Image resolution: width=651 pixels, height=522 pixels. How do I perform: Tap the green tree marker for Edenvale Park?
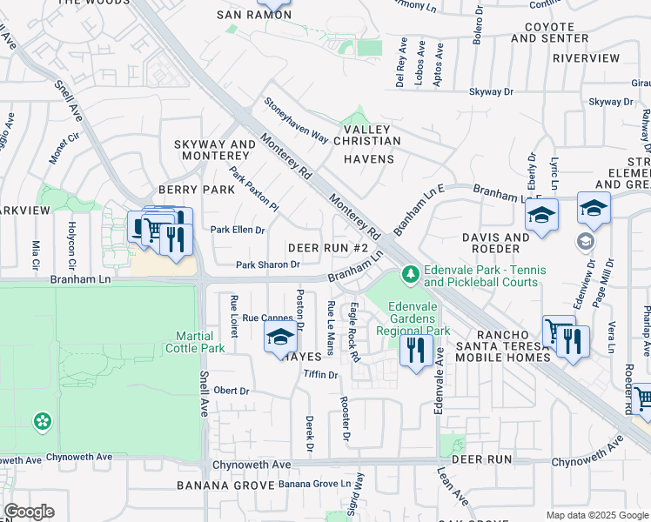[410, 274]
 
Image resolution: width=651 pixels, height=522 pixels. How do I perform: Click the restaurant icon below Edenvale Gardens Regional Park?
[415, 350]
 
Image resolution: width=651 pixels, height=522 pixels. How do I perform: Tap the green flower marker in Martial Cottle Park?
[42, 422]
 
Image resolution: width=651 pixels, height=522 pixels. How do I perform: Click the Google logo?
[29, 512]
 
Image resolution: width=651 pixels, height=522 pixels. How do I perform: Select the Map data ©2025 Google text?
[597, 515]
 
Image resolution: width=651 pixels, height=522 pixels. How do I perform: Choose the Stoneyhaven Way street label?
[297, 120]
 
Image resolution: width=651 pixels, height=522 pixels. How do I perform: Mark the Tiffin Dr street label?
[319, 375]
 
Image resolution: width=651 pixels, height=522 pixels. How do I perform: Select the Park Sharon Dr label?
[268, 264]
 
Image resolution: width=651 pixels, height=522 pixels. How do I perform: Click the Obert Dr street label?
[232, 391]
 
